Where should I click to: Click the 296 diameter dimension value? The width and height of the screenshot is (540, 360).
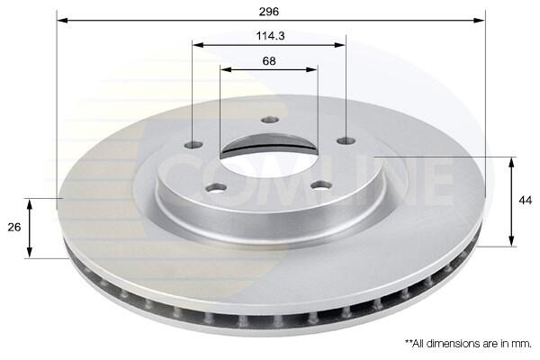268,12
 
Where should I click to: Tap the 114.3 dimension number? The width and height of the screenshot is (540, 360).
270,36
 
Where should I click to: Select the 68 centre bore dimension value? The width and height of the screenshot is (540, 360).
269,61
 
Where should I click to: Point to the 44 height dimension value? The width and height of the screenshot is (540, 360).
525,200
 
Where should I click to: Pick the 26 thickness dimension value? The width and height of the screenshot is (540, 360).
14,228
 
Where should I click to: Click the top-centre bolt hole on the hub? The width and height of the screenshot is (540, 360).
270,120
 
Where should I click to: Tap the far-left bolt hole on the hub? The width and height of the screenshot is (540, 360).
193,145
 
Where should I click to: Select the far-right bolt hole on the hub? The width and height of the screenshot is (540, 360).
346,140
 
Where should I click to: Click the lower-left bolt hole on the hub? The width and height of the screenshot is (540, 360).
217,188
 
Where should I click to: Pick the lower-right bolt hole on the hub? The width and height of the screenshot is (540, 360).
321,185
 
